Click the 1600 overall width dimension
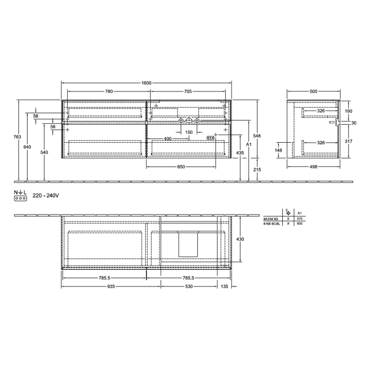[146, 83]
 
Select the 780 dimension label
[108, 91]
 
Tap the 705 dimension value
[188, 91]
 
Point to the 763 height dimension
[17, 137]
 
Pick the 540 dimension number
[44, 153]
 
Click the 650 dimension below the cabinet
[181, 167]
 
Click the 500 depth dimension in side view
[313, 91]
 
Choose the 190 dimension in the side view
[348, 111]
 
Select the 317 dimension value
[348, 141]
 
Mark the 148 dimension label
[279, 150]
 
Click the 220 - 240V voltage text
[45, 196]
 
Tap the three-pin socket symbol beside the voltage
[21, 198]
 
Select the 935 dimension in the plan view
[111, 286]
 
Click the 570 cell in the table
[299, 218]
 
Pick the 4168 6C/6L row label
[271, 224]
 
